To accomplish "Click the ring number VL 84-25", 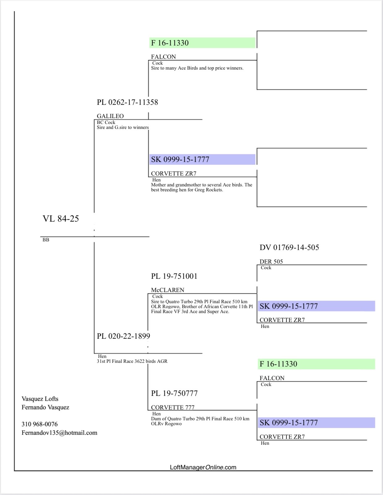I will [x=61, y=219].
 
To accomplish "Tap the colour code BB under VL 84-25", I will [x=46, y=240].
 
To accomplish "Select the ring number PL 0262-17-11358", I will [x=127, y=102].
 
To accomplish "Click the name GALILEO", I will [x=110, y=116].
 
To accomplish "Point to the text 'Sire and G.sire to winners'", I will [x=123, y=127].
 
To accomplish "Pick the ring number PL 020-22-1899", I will [x=123, y=336].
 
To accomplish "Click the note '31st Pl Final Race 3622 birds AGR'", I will [x=132, y=361].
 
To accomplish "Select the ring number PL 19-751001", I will [x=174, y=276].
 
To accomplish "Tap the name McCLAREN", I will [x=167, y=290].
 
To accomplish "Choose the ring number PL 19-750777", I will [x=174, y=393].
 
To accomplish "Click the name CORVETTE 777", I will [x=173, y=407].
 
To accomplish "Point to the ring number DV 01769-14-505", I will [x=289, y=247].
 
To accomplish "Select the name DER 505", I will [x=271, y=262].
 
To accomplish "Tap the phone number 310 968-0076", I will [x=40, y=424].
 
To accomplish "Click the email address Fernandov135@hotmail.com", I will [x=59, y=433].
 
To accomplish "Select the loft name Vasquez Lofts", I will [x=40, y=399].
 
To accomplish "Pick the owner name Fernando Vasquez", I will [x=45, y=407].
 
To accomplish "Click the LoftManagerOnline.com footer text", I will [x=203, y=467].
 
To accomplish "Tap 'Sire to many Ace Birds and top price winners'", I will [x=197, y=68].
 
